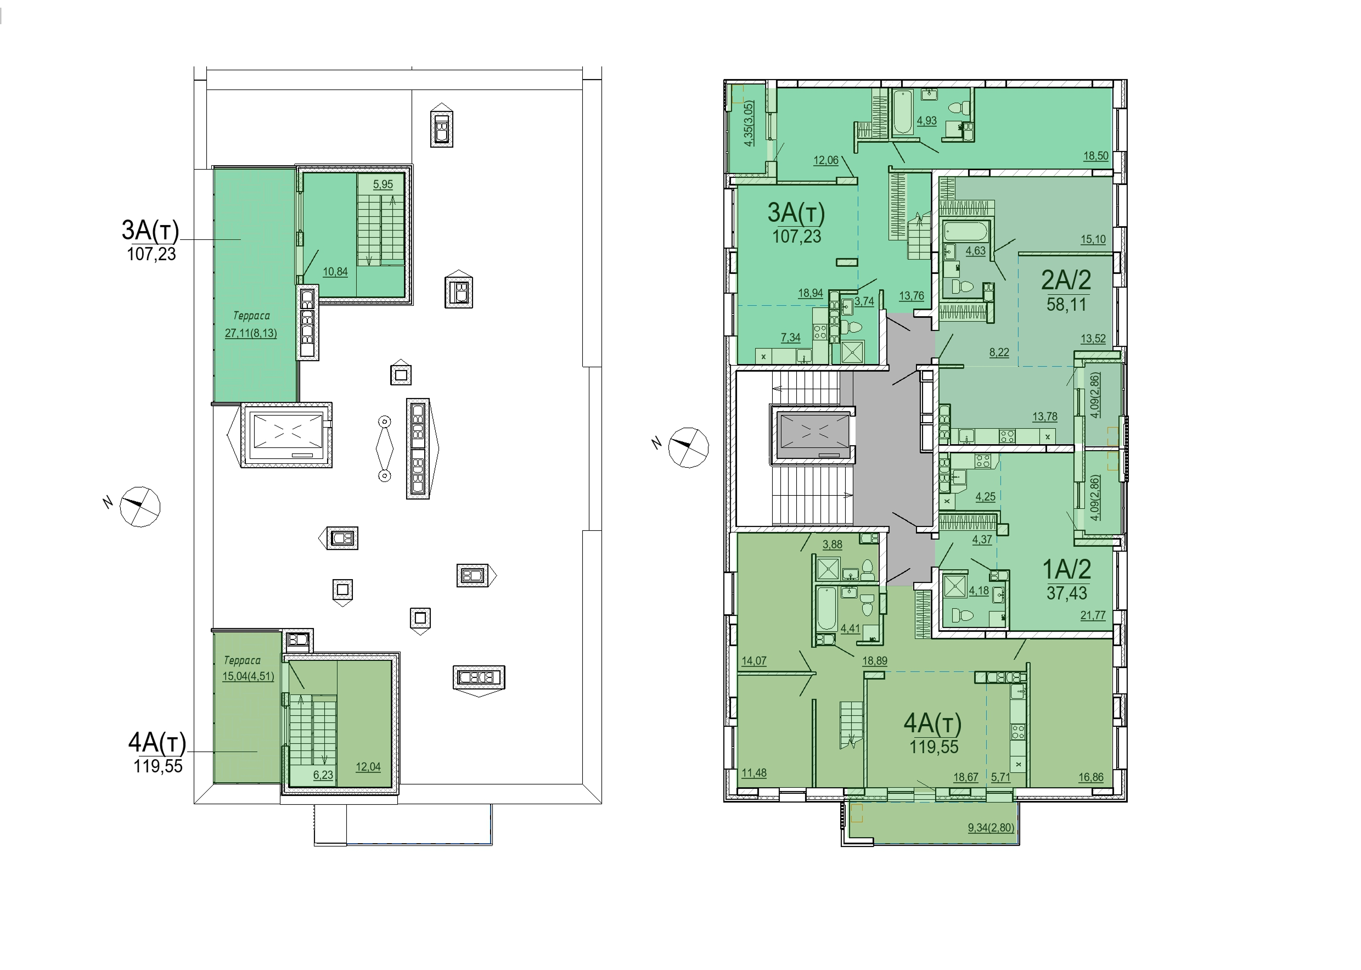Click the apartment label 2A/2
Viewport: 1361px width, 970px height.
[x=1066, y=280]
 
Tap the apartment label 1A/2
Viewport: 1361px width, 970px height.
[x=1066, y=569]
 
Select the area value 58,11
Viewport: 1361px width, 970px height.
[x=1066, y=305]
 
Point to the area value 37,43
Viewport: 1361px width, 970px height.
[x=1066, y=593]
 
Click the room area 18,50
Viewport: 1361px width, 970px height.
[x=1096, y=156]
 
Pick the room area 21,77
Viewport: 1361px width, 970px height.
[x=1093, y=615]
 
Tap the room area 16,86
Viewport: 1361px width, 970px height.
[x=1090, y=777]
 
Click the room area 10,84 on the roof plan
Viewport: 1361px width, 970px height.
[x=335, y=272]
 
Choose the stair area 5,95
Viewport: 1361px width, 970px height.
[x=383, y=184]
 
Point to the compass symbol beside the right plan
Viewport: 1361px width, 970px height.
[x=688, y=447]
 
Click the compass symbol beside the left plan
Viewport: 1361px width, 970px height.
[x=140, y=507]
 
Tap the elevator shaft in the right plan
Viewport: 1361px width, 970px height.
[x=814, y=434]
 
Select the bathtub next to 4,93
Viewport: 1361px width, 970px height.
[x=901, y=111]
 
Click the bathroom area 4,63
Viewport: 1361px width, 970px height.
[x=975, y=251]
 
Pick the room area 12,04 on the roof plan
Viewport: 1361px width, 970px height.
[x=368, y=767]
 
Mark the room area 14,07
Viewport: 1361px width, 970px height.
[x=754, y=660]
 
